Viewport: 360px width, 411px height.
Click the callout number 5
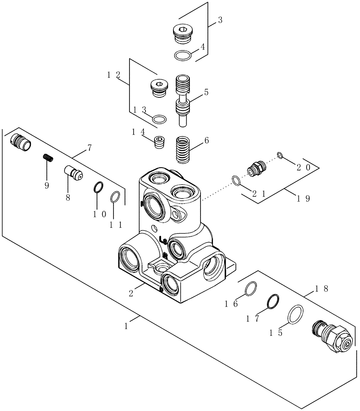(x=206, y=92)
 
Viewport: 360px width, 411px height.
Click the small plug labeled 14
(x=159, y=142)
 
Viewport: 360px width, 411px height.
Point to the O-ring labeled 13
(x=159, y=119)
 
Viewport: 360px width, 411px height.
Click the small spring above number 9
(x=48, y=157)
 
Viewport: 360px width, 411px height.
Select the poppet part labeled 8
(x=74, y=172)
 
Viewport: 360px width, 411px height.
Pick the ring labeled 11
(x=115, y=197)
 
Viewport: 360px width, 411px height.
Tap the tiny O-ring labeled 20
(x=279, y=155)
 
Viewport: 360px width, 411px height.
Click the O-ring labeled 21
(x=236, y=180)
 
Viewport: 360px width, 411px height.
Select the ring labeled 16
(x=251, y=289)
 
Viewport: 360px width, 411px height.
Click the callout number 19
(x=303, y=198)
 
